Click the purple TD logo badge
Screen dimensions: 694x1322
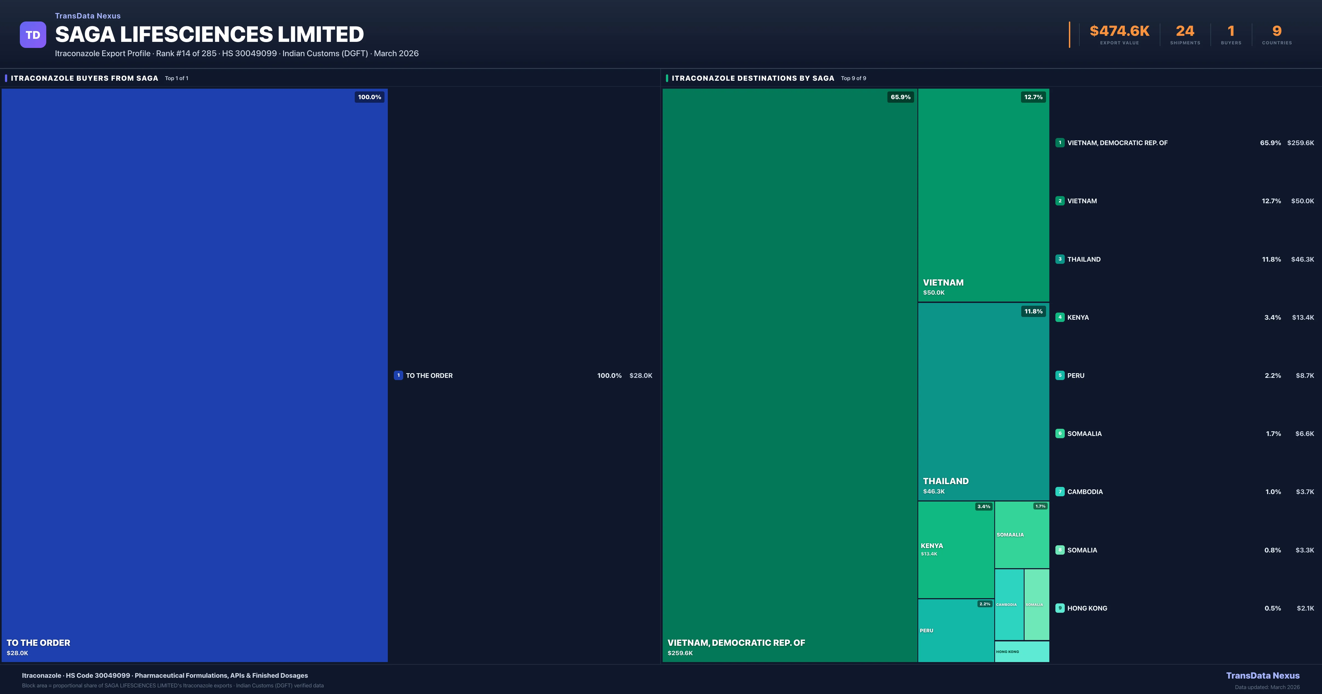(33, 35)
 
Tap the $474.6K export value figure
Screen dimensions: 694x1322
(1119, 31)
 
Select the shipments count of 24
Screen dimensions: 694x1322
(1185, 31)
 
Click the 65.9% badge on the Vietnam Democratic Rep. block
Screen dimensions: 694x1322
(900, 97)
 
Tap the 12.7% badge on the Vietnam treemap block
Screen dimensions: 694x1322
(1033, 97)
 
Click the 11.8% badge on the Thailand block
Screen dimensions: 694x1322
(1033, 311)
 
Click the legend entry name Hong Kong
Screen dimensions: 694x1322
(1087, 608)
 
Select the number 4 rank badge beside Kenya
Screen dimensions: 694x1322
(1060, 317)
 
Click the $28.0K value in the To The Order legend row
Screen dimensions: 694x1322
(640, 376)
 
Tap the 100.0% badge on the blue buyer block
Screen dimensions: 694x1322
(370, 97)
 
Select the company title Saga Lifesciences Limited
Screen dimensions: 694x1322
(209, 34)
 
